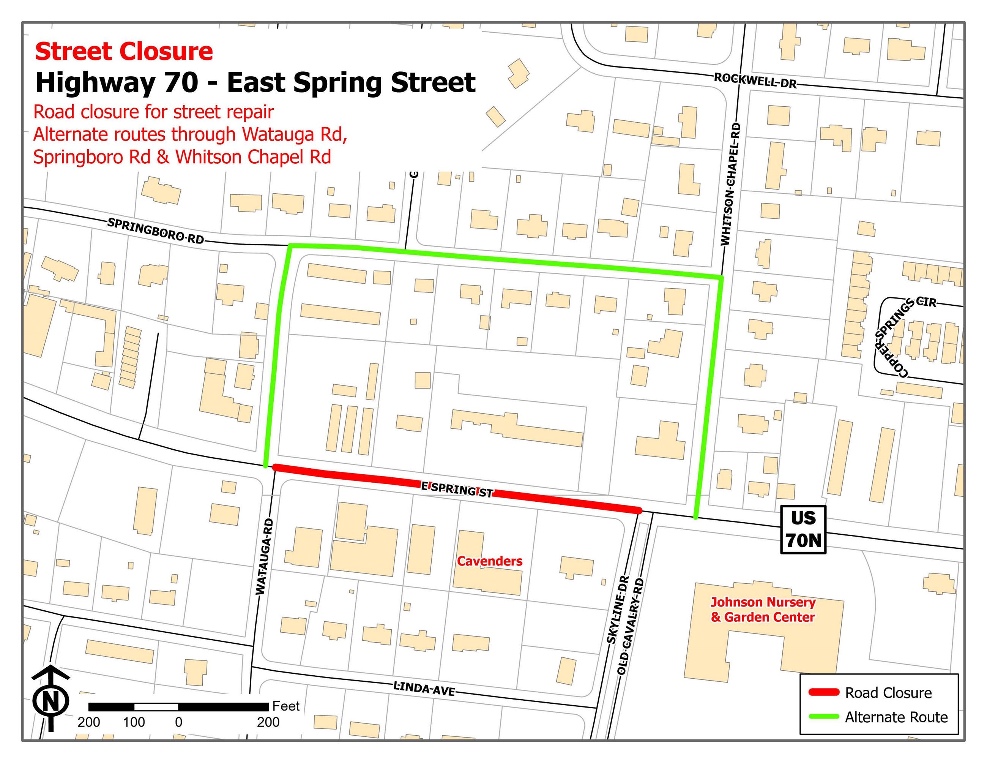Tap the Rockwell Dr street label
click(x=755, y=81)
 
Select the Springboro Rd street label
click(x=156, y=230)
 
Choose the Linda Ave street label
click(x=424, y=689)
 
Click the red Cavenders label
click(x=489, y=561)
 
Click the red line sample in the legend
click(x=823, y=692)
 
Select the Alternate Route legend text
click(x=896, y=717)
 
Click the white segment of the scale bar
click(x=156, y=706)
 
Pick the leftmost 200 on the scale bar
click(x=88, y=722)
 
